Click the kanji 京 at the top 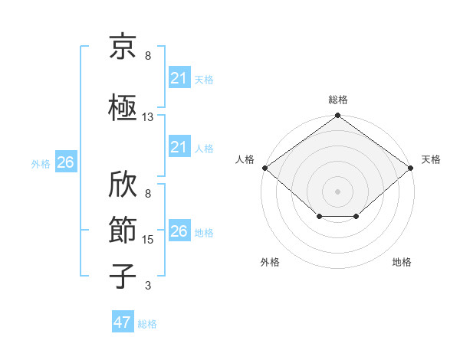click(123, 47)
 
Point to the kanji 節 click(123, 227)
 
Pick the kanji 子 click(123, 275)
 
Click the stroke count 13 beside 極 click(148, 117)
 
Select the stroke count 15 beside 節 click(148, 240)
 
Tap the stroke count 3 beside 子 click(148, 286)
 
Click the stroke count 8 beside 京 click(148, 56)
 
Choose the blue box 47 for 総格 click(123, 322)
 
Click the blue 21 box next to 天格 click(179, 78)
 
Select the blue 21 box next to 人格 click(179, 147)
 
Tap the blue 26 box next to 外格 click(65, 162)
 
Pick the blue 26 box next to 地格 click(179, 231)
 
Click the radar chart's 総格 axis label click(337, 100)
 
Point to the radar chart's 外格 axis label click(270, 262)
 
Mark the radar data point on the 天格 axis click(411, 168)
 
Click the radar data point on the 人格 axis click(264, 168)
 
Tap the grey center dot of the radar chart click(337, 191)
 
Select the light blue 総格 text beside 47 click(147, 324)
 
